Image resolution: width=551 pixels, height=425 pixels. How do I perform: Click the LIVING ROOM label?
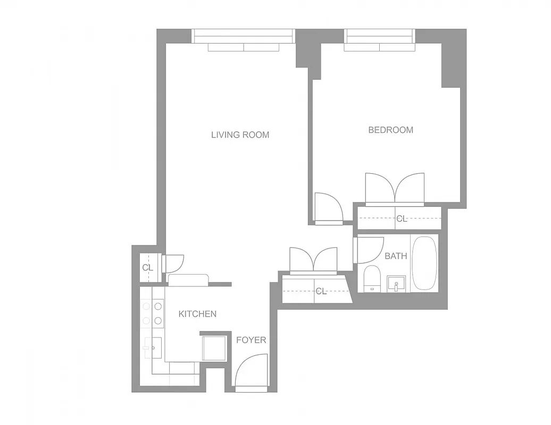point(240,135)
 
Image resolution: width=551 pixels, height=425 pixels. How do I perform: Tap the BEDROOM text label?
point(390,130)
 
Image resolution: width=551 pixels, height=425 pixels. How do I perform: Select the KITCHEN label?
point(197,314)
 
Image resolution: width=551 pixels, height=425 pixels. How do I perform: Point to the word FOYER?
point(251,340)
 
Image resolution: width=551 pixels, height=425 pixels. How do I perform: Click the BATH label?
point(396,256)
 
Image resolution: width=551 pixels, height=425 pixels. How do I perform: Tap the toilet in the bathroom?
point(371,279)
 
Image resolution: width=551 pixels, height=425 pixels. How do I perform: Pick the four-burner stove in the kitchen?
point(152,313)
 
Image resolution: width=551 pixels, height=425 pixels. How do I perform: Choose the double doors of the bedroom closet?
point(395,189)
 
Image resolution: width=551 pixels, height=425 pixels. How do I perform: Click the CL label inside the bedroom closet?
point(402,218)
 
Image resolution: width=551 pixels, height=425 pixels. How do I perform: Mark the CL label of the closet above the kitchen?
point(147,268)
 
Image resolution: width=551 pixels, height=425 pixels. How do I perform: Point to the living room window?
point(243,36)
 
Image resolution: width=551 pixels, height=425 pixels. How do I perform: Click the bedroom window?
point(380,36)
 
